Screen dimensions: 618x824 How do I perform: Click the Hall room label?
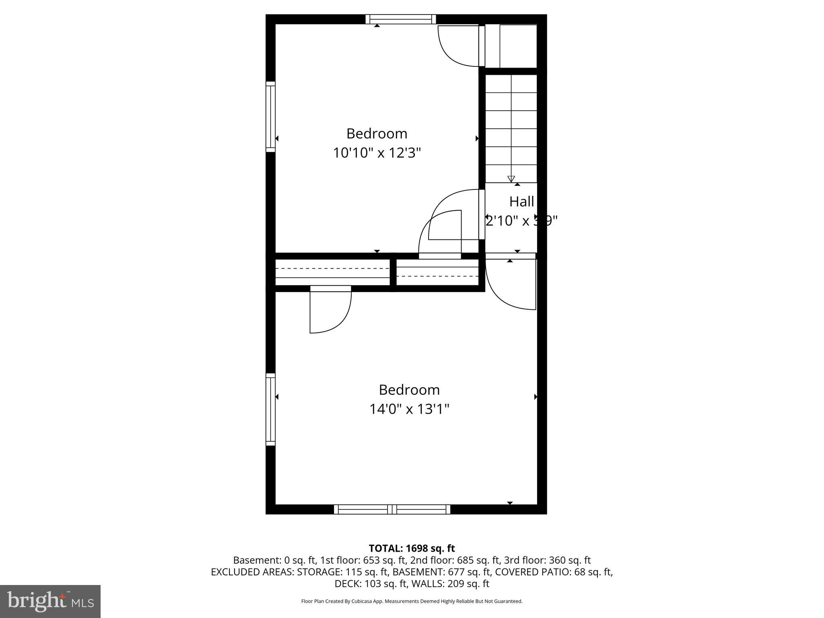point(521,202)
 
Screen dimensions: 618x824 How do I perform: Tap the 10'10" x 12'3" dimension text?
point(377,153)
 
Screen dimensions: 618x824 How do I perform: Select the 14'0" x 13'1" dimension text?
point(409,409)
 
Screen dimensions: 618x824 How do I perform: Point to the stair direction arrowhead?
point(511,179)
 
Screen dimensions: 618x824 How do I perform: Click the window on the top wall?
point(401,19)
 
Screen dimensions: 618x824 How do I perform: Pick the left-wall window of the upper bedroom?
point(270,117)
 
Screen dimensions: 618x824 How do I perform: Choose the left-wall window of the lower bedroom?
point(270,409)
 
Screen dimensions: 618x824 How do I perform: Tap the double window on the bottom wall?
point(392,509)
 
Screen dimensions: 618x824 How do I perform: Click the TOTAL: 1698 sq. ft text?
point(412,548)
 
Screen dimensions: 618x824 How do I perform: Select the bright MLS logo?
point(50,601)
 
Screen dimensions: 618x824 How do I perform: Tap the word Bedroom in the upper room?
point(377,134)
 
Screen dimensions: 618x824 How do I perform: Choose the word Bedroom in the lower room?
point(409,390)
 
